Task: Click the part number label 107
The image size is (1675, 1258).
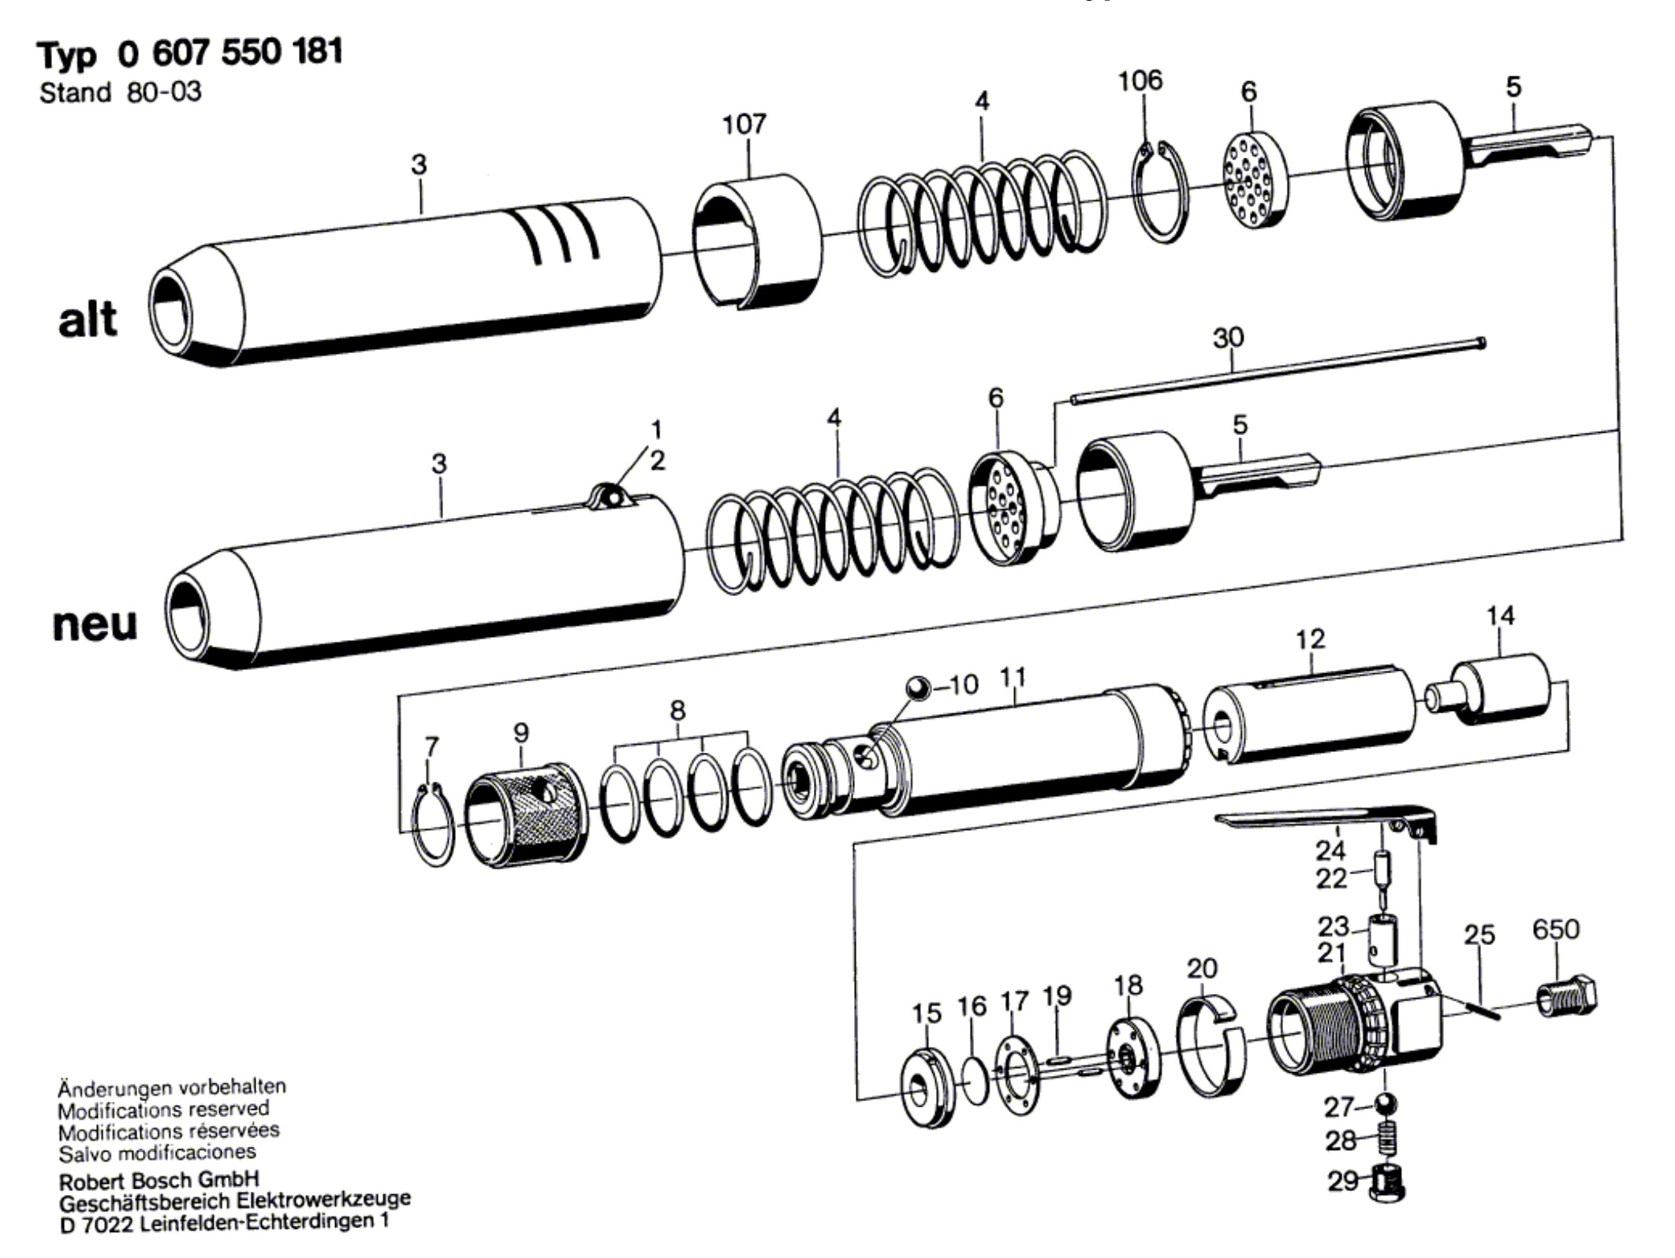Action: pos(744,124)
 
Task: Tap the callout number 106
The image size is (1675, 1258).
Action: pos(1140,80)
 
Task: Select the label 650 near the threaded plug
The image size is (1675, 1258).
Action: pos(1556,929)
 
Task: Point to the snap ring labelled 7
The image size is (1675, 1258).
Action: pos(434,824)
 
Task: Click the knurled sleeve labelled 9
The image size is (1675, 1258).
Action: pos(525,814)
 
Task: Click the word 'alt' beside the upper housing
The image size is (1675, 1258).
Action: pos(87,319)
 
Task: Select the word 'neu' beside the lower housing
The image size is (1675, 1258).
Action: pos(95,623)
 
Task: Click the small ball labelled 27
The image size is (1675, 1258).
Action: pos(1386,1103)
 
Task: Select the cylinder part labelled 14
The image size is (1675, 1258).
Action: pos(1488,690)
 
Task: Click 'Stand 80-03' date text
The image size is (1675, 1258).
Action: pos(120,93)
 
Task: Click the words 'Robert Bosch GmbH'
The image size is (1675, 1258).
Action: pos(159,1181)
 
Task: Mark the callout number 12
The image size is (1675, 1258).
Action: pos(1310,638)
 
